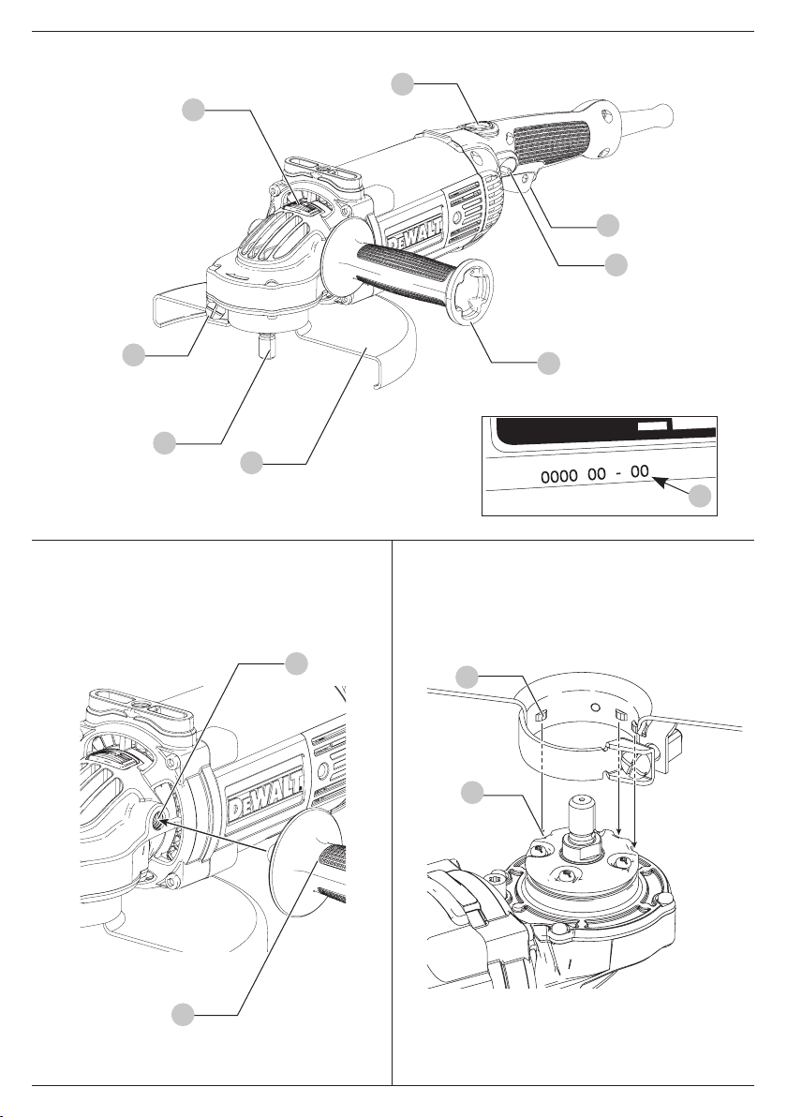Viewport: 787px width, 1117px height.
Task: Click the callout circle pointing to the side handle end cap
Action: click(x=548, y=363)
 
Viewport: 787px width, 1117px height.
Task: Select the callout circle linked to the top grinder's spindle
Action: click(x=165, y=442)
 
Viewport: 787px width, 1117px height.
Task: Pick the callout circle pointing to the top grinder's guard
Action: click(x=251, y=462)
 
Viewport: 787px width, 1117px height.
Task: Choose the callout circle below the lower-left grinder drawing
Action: click(x=184, y=1015)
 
